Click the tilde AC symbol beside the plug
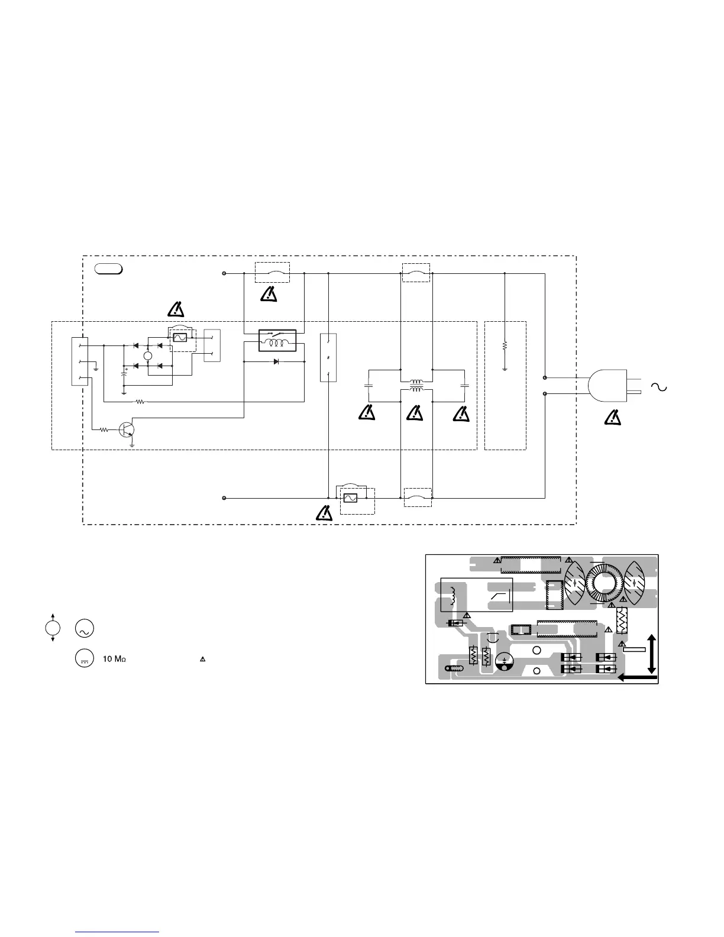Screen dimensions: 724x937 pyautogui.click(x=658, y=387)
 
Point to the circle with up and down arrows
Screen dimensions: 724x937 pyautogui.click(x=53, y=628)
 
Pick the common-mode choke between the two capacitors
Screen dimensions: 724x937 pyautogui.click(x=417, y=385)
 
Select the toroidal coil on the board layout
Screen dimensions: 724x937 pyautogui.click(x=604, y=585)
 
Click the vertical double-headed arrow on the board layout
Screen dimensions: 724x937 pyautogui.click(x=652, y=654)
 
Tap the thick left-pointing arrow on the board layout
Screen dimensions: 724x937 pyautogui.click(x=638, y=678)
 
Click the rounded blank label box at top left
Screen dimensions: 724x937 pyautogui.click(x=108, y=269)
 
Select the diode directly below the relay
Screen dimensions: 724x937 pyautogui.click(x=277, y=361)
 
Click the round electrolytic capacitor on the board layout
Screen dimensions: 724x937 pyautogui.click(x=504, y=661)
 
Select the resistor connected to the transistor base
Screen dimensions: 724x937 pyautogui.click(x=105, y=430)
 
